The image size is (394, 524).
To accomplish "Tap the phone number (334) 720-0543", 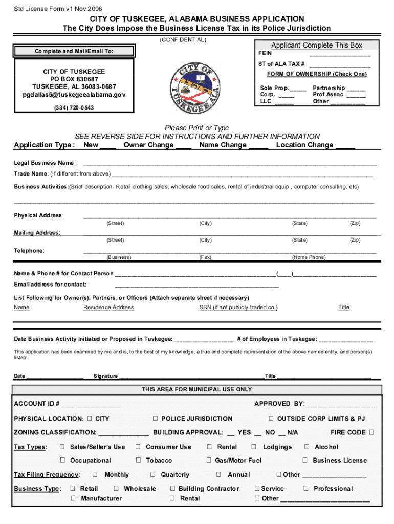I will (74, 108).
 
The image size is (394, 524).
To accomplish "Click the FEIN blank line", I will (340, 54).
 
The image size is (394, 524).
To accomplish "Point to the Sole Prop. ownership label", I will (275, 88).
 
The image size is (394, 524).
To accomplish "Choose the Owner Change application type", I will (148, 145).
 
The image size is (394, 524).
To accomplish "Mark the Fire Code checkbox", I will (371, 432).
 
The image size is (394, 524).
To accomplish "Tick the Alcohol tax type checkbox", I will (307, 447).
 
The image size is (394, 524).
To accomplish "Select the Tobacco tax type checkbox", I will (138, 460).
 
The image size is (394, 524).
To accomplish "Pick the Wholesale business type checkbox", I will (117, 488).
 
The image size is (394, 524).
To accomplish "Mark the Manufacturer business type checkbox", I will (73, 498).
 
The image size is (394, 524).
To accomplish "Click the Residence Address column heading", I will (108, 307).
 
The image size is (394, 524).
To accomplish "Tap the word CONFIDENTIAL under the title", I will (183, 39).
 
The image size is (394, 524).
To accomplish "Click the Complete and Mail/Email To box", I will (74, 51).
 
